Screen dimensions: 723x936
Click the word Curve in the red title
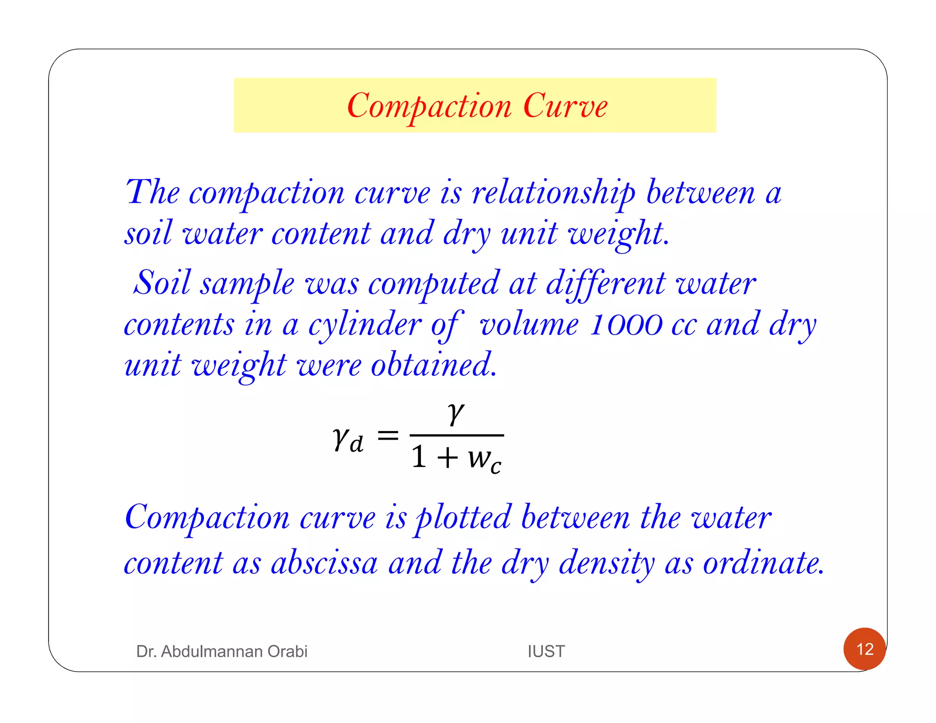[565, 106]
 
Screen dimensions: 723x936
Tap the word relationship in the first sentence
[553, 193]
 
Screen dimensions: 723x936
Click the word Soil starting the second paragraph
[162, 283]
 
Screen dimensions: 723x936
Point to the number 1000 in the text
[626, 325]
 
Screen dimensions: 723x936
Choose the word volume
[529, 325]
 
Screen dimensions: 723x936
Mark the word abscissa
[324, 563]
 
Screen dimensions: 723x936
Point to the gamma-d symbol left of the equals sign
[348, 440]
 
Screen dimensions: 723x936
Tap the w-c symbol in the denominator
[484, 458]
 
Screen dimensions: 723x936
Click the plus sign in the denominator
[447, 457]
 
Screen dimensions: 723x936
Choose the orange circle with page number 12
[864, 649]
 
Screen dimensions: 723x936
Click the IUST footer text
[546, 651]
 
